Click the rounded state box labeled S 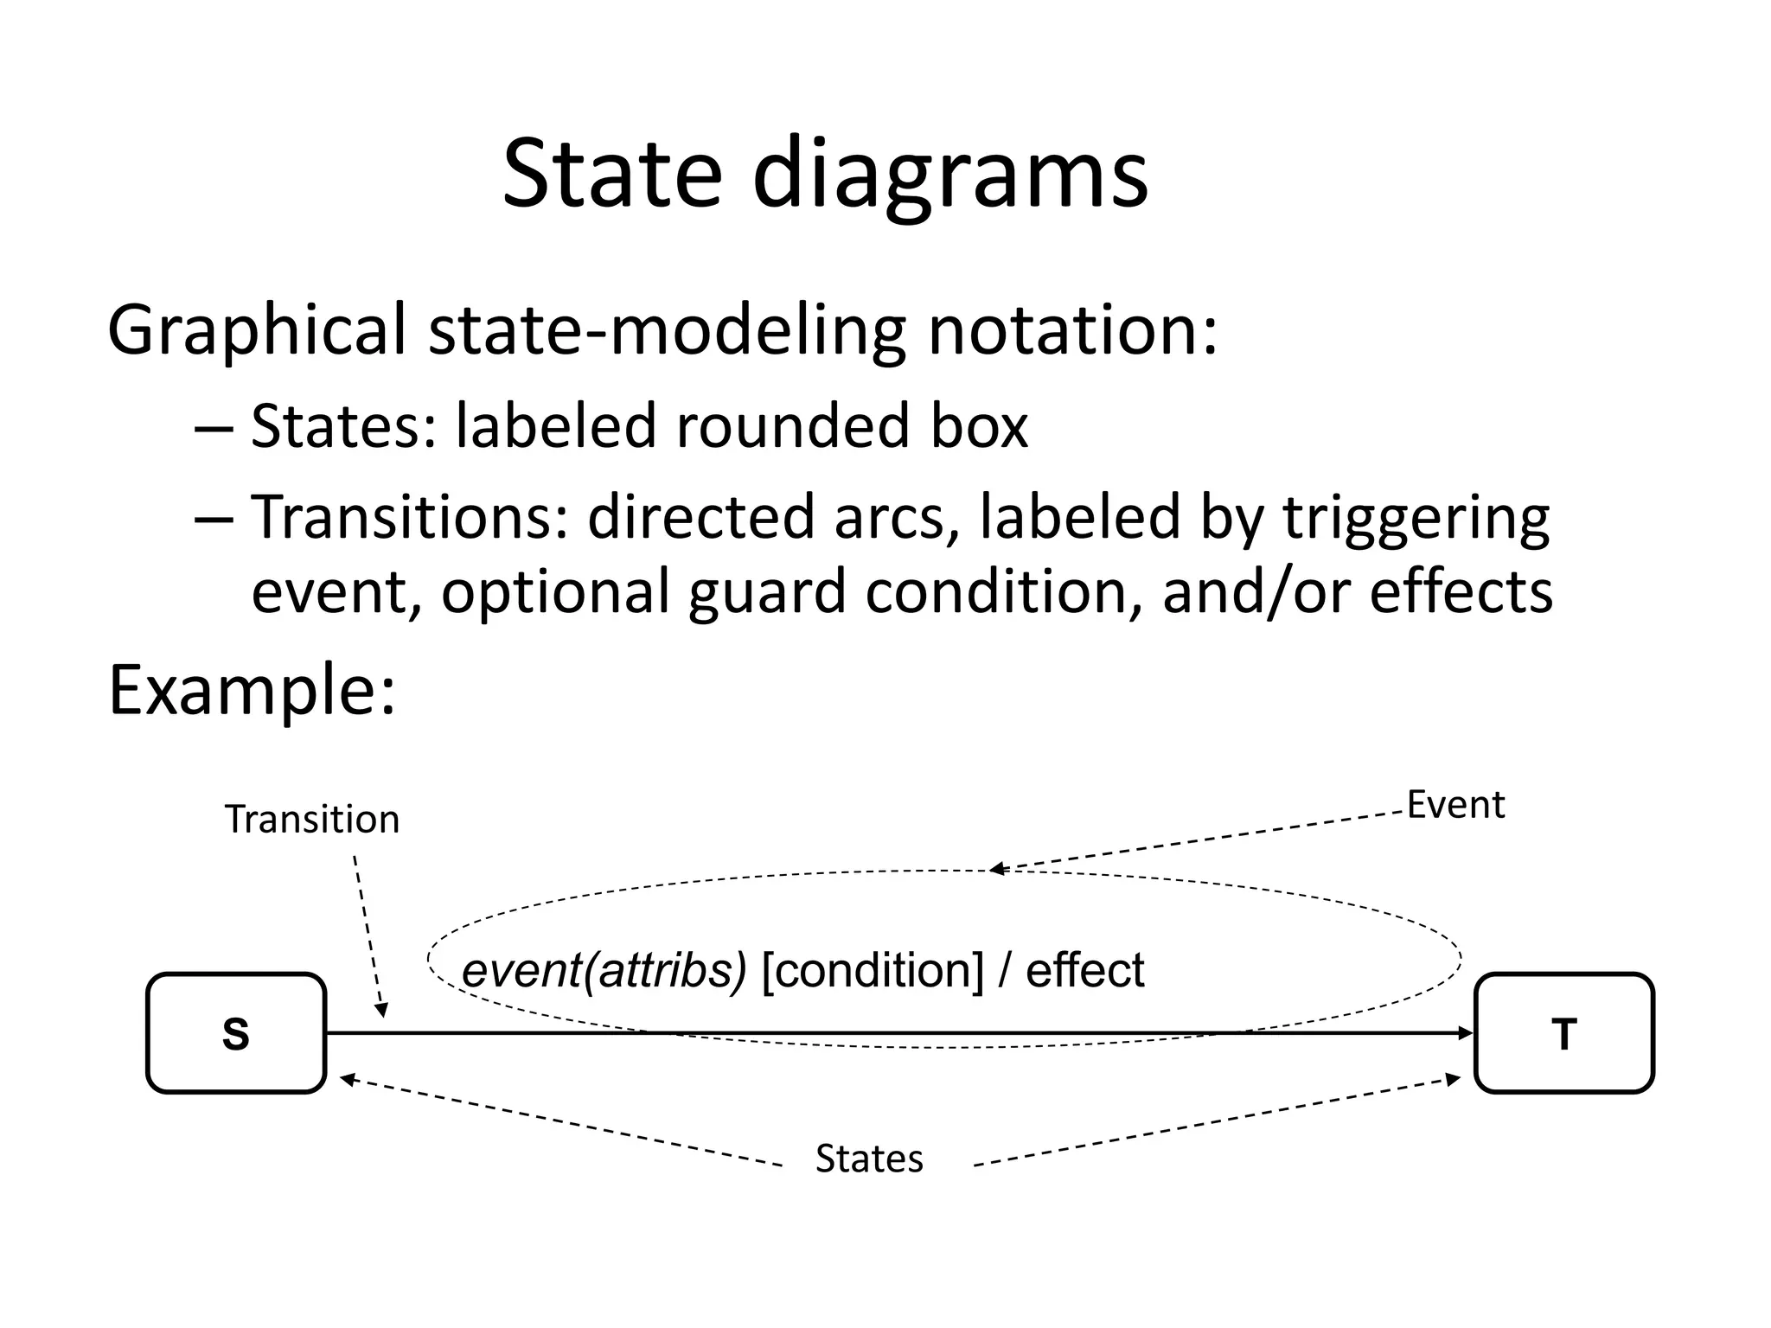pos(235,1033)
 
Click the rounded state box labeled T pos(1563,1033)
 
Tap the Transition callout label pos(312,819)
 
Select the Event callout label pos(1455,805)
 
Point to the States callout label pos(869,1159)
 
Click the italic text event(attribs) pos(604,970)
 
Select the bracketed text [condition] pos(873,970)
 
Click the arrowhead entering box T pos(1466,1033)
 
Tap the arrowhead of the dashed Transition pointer pos(381,1009)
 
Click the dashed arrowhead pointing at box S pos(348,1079)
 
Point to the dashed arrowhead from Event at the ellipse pos(997,869)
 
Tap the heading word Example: pos(252,691)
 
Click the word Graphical pos(256,330)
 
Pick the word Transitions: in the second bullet pos(410,517)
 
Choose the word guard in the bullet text pos(766,591)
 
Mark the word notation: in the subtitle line pos(1072,330)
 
